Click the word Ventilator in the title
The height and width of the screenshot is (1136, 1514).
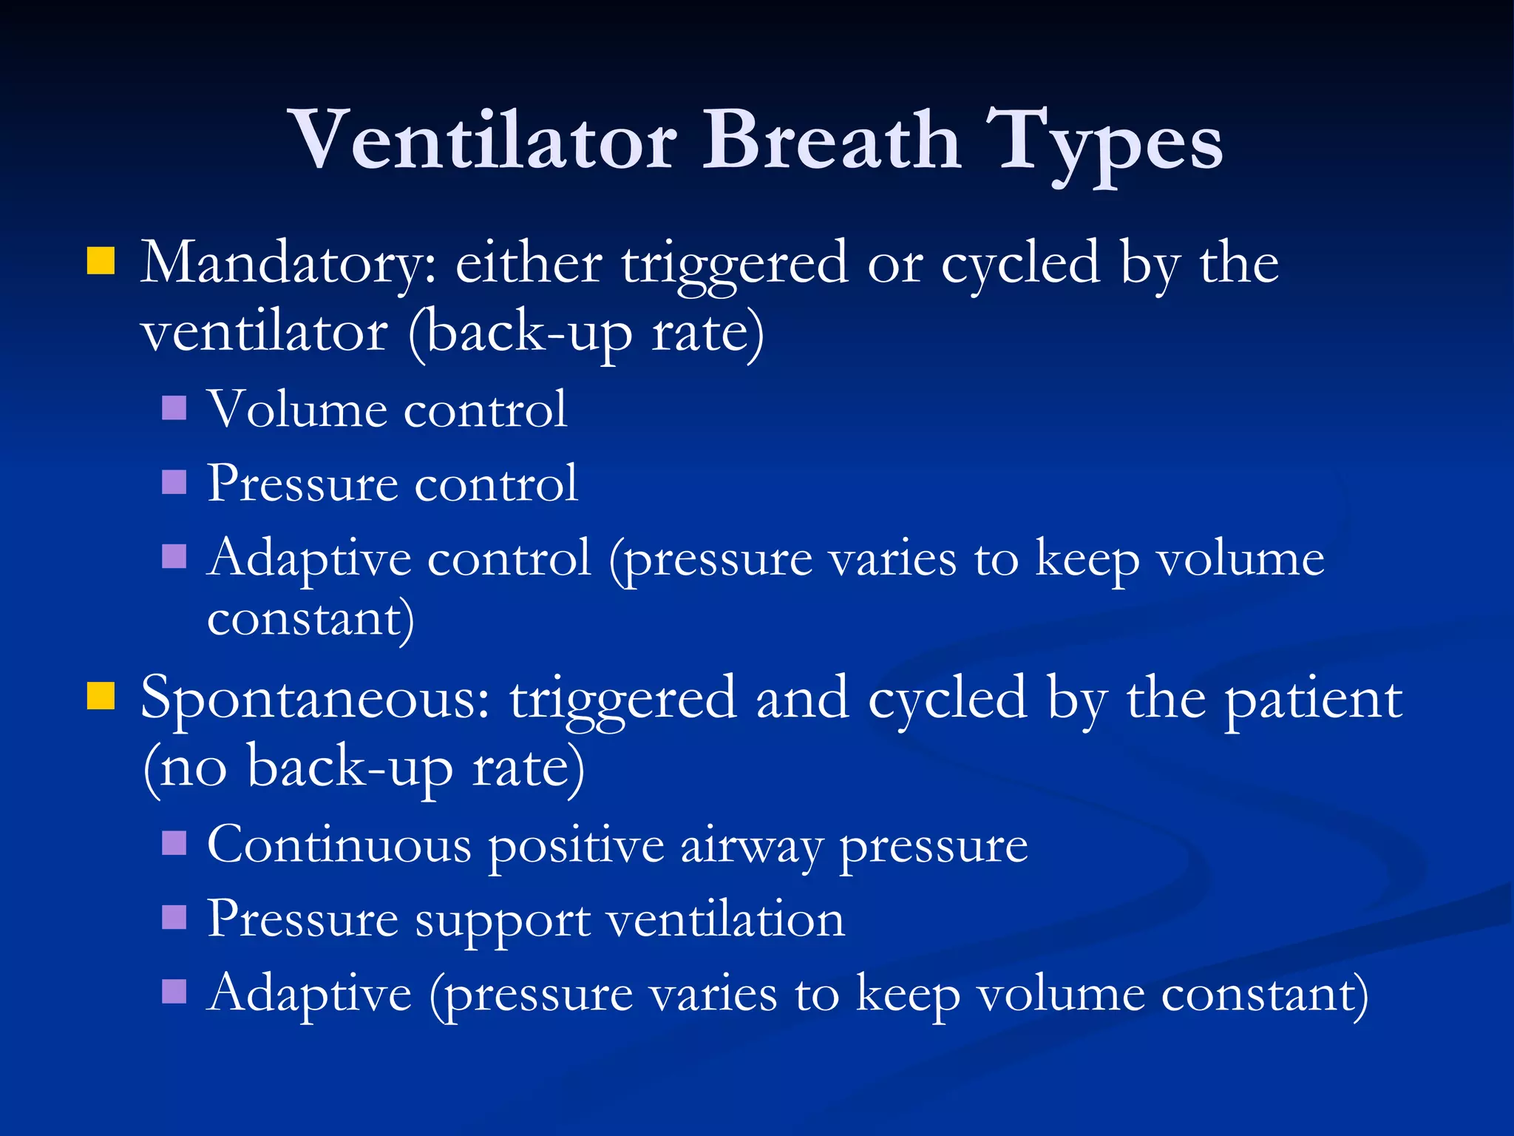pyautogui.click(x=484, y=141)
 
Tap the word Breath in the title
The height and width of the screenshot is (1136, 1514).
pyautogui.click(x=831, y=141)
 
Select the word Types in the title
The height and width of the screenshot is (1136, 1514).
pyautogui.click(x=1104, y=144)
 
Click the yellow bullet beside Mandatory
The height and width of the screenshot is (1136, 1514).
pyautogui.click(x=101, y=261)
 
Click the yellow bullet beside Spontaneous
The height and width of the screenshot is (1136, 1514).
pyautogui.click(x=101, y=696)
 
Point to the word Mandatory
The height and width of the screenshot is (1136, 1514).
pyautogui.click(x=288, y=265)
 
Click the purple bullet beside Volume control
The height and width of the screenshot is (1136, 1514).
pyautogui.click(x=174, y=408)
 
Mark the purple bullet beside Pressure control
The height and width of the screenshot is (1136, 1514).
pyautogui.click(x=174, y=482)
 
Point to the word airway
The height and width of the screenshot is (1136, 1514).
pyautogui.click(x=751, y=847)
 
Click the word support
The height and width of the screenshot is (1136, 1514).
pyautogui.click(x=503, y=922)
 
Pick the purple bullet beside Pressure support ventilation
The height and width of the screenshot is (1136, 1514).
pyautogui.click(x=174, y=917)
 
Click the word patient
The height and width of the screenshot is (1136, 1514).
pyautogui.click(x=1313, y=700)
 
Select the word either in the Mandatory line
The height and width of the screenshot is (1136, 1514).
pyautogui.click(x=529, y=263)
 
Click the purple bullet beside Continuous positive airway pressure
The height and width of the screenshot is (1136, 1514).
pyautogui.click(x=174, y=843)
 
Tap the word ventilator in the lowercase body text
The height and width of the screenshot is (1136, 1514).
pyautogui.click(x=264, y=333)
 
